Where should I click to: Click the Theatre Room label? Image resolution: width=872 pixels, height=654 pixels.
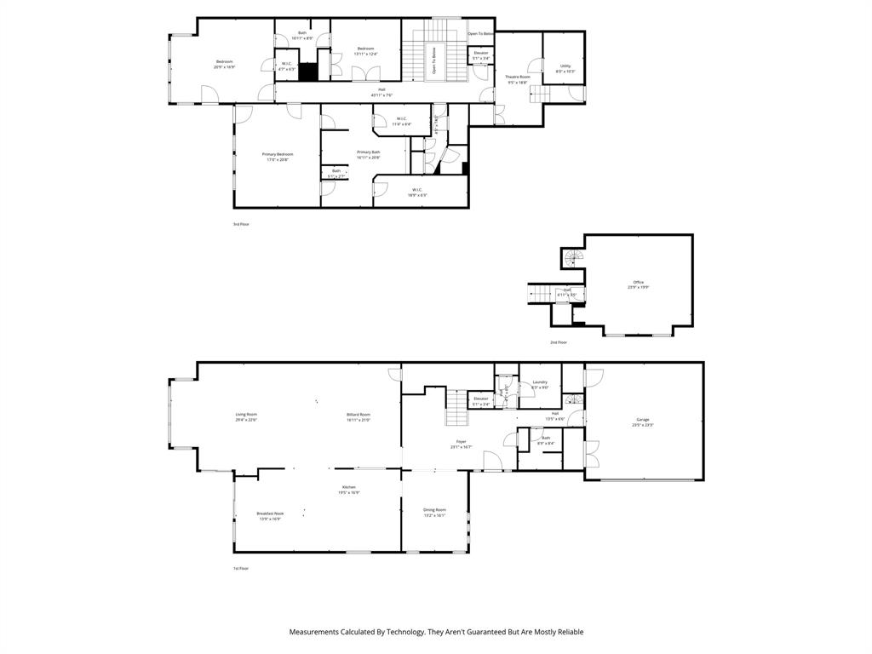click(x=518, y=77)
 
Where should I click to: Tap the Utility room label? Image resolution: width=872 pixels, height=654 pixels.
click(x=565, y=66)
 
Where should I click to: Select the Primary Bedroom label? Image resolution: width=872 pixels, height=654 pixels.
click(x=278, y=154)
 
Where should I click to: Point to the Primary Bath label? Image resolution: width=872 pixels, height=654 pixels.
click(x=369, y=152)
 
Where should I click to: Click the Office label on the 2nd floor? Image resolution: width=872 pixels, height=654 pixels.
click(x=638, y=282)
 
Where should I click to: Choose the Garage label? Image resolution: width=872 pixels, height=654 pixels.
click(x=643, y=420)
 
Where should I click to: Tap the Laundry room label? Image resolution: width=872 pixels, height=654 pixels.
click(x=540, y=381)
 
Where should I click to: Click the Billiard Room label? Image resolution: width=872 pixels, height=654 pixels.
click(x=359, y=414)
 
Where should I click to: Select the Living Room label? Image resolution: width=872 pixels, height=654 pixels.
click(x=246, y=414)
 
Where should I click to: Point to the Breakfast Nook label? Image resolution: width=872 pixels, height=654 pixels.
click(x=270, y=513)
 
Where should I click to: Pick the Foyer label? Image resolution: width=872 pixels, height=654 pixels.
click(x=461, y=441)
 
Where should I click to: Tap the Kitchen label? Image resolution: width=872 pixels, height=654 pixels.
click(x=349, y=486)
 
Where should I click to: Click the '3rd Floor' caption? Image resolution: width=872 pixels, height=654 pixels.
click(x=241, y=224)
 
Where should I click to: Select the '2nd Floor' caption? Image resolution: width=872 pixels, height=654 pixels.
click(x=558, y=342)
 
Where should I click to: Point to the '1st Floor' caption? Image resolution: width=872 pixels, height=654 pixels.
click(x=241, y=568)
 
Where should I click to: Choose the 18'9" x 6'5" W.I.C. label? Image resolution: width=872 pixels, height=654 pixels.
click(x=417, y=190)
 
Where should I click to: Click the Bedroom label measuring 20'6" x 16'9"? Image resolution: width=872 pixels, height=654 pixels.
click(x=225, y=61)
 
